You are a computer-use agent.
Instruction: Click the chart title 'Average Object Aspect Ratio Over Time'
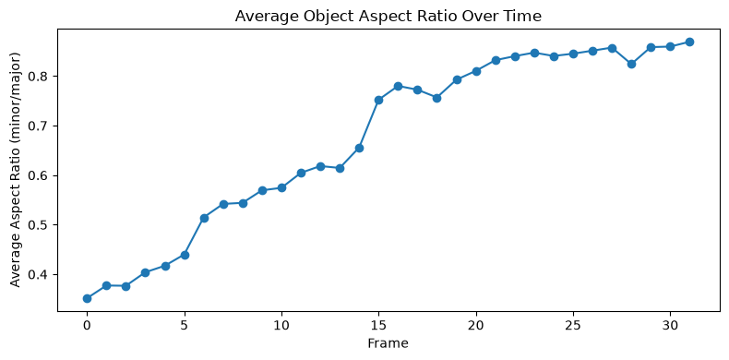(x=388, y=17)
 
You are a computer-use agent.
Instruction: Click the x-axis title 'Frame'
(x=388, y=343)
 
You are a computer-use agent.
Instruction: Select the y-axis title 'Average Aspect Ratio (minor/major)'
(x=16, y=169)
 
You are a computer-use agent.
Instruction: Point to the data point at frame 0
(x=87, y=298)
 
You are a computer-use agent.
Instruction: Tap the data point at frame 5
(x=185, y=255)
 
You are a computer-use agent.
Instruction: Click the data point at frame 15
(x=378, y=100)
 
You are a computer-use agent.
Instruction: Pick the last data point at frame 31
(x=689, y=42)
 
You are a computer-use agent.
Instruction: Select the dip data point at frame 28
(x=631, y=64)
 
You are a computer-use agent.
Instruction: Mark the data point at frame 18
(x=436, y=98)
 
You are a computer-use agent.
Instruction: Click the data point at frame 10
(x=281, y=187)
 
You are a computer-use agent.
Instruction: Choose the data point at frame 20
(x=476, y=71)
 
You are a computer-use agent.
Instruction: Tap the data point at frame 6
(x=204, y=218)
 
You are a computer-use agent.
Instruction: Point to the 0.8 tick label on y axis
(x=42, y=77)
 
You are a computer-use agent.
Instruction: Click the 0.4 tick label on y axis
(x=42, y=275)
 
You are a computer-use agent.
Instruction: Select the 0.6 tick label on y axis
(x=42, y=175)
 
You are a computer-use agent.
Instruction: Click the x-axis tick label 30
(x=670, y=324)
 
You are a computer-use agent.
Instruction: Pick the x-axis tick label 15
(x=378, y=324)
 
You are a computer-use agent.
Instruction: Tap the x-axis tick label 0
(x=87, y=324)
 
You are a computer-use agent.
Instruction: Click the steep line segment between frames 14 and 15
(x=369, y=125)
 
